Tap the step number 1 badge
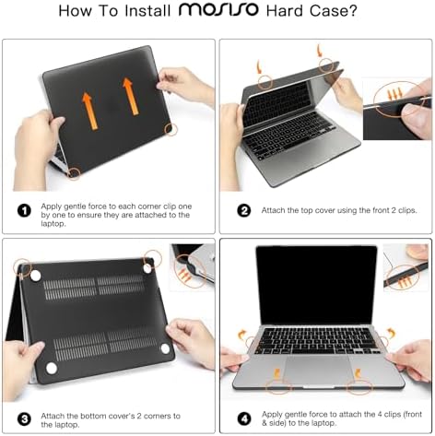pyautogui.click(x=26, y=209)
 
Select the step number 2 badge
pyautogui.click(x=244, y=209)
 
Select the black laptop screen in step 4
pyautogui.click(x=316, y=283)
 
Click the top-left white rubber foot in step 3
pyautogui.click(x=36, y=275)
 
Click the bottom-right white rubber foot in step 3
pyautogui.click(x=164, y=350)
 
